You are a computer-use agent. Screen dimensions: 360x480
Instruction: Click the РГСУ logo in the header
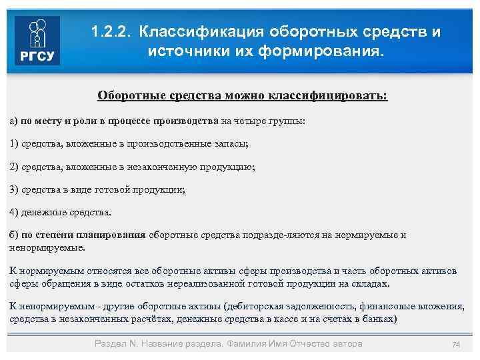coord(37,41)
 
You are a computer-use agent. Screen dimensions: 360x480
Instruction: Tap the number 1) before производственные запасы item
coord(14,143)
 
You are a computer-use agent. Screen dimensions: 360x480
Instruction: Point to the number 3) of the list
coord(14,189)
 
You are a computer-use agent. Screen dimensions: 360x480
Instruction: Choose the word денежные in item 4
coord(43,212)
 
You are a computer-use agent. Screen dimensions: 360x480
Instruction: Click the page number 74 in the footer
coord(456,344)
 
